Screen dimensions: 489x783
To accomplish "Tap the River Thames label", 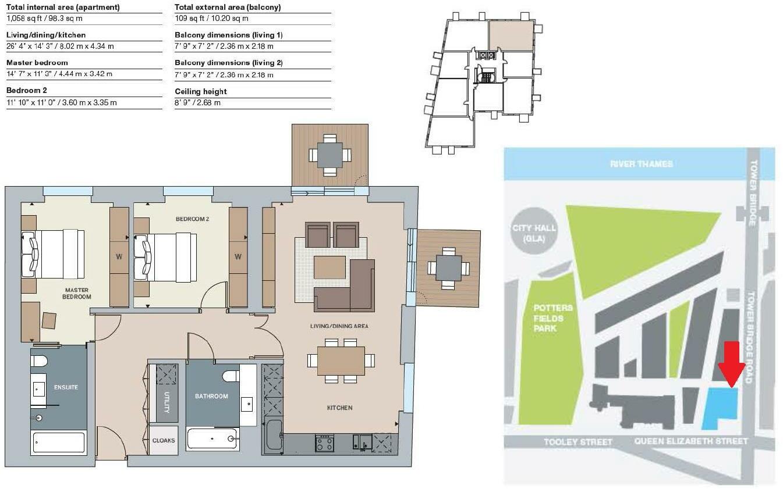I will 641,164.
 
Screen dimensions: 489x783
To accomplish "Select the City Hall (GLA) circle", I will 533,233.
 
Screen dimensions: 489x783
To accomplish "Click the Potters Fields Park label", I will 553,318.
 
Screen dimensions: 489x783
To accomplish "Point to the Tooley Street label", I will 577,442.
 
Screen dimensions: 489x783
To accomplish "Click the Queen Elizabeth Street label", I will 691,441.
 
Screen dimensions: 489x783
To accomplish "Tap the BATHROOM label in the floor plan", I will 211,397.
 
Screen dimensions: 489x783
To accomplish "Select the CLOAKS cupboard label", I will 164,440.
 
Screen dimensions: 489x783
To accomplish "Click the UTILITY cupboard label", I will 166,401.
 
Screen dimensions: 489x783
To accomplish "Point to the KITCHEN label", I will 339,408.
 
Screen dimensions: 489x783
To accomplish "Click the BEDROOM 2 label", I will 192,219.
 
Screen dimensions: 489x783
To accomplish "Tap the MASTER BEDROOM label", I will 76,293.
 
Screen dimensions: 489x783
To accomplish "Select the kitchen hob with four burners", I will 324,444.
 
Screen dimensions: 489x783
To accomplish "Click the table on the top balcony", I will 330,155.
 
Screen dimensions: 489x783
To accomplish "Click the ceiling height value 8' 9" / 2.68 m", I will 198,103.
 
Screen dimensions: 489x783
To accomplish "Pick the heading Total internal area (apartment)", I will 63,8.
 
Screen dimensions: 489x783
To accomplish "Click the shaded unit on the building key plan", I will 511,35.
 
